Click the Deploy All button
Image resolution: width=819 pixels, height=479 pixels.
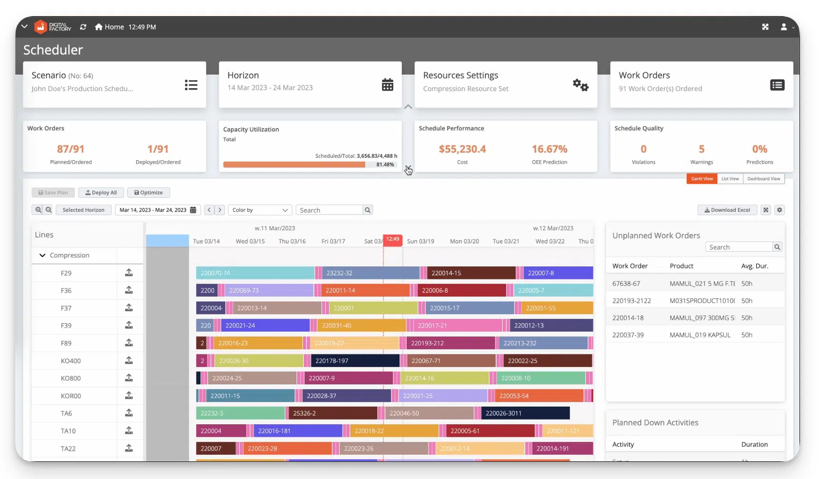point(101,193)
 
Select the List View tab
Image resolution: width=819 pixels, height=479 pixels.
point(730,179)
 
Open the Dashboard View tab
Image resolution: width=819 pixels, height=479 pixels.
point(763,179)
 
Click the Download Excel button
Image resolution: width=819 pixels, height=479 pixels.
point(727,210)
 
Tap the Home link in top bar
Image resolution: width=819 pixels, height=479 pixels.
point(109,27)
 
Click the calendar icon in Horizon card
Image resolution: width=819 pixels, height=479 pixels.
point(387,85)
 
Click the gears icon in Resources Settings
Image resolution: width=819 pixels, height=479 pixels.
point(581,85)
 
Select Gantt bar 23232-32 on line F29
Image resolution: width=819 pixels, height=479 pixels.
point(371,273)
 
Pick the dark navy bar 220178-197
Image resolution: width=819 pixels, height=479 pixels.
point(355,361)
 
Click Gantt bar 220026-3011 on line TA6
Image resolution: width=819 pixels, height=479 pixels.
point(525,413)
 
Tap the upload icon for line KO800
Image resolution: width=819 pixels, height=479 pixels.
point(129,378)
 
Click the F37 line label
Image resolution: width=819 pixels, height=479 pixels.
point(66,308)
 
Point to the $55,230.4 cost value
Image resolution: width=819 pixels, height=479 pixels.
point(462,149)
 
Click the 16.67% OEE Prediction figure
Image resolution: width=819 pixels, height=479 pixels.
point(549,149)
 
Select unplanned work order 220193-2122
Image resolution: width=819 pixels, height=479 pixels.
point(632,301)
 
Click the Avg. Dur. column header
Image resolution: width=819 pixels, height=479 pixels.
point(754,266)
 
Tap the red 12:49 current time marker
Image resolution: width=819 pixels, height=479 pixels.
point(393,239)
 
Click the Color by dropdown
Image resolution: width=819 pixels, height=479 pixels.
point(260,210)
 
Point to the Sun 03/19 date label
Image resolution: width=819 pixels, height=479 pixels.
point(420,241)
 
